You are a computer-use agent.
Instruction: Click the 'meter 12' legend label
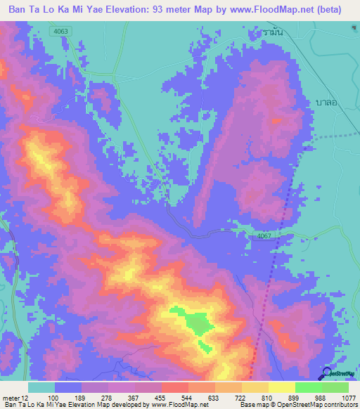pos(14,397)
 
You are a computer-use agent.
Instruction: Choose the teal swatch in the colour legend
pos(41,387)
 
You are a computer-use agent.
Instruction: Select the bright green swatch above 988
pos(309,387)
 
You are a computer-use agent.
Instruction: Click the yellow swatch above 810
pos(255,387)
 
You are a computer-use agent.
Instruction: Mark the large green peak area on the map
pos(197,323)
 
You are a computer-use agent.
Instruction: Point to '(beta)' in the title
pos(339,10)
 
